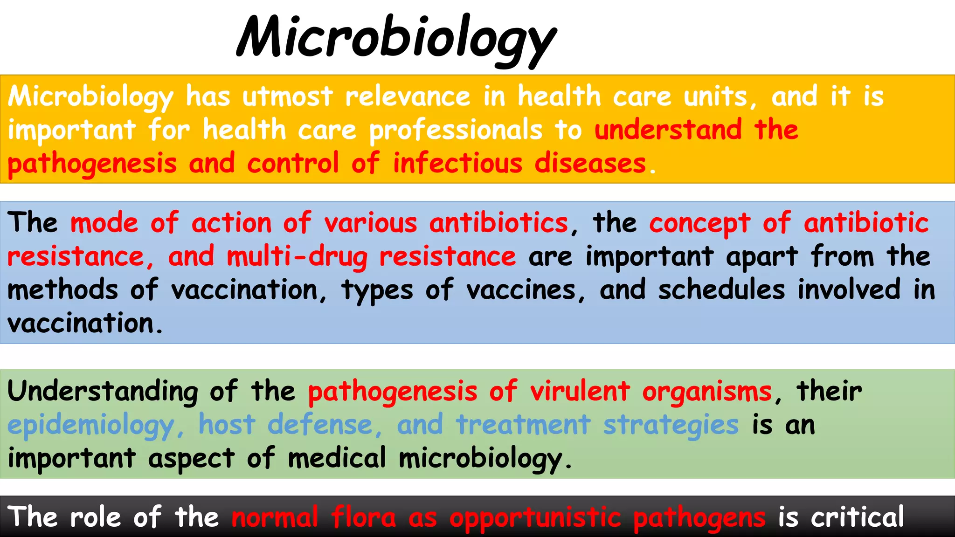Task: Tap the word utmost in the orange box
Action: coord(287,96)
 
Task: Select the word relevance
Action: coord(408,96)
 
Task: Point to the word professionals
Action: coord(456,130)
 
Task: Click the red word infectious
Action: coord(457,164)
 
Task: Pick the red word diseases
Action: coord(590,164)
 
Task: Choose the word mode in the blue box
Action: coord(104,223)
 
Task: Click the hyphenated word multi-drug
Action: coord(297,257)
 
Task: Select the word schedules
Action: coord(721,289)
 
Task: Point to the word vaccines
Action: coord(521,290)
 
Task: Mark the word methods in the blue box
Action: coord(63,289)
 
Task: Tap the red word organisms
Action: coord(707,392)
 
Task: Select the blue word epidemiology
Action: coord(91,426)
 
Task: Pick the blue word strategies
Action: coord(671,426)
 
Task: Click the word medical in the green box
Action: coord(337,458)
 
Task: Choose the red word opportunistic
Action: coord(535,517)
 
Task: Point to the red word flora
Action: coord(363,517)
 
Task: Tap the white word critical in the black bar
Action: coord(857,517)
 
